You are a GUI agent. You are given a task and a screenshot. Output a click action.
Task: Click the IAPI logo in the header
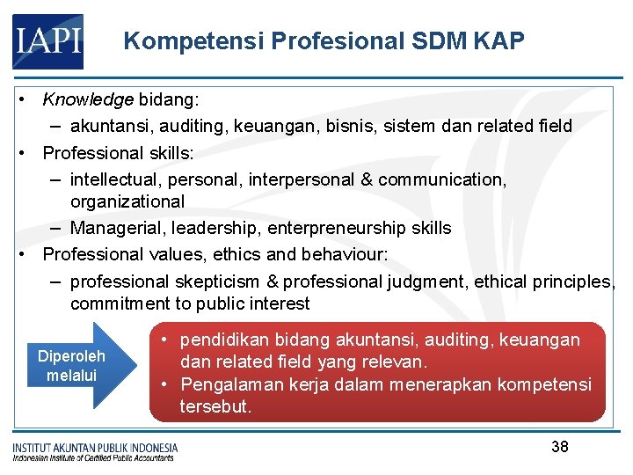tap(47, 41)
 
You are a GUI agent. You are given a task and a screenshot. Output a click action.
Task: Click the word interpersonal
tap(301, 179)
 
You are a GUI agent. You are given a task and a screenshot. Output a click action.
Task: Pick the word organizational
tap(127, 201)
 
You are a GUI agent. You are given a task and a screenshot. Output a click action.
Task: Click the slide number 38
tap(560, 447)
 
